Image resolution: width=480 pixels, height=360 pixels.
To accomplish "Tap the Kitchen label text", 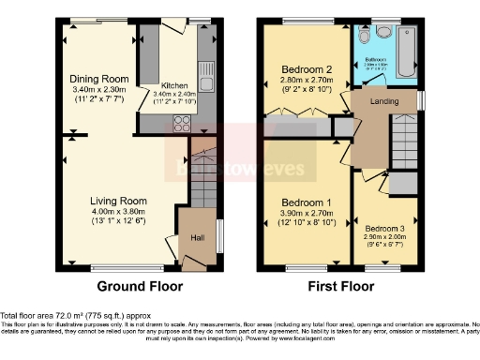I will click(175, 85).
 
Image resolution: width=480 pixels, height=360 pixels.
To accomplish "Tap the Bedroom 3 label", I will click(385, 229).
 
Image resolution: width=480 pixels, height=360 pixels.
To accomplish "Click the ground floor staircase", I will click(202, 174).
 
